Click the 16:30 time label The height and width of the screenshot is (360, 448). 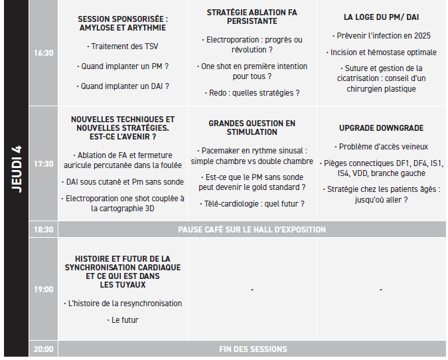[x=43, y=52]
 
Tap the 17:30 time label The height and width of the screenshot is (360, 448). [x=43, y=163]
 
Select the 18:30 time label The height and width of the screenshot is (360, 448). [x=43, y=230]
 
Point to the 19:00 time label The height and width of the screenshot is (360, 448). [x=43, y=290]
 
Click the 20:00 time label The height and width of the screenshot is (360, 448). [x=43, y=349]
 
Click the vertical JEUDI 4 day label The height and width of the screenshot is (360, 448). [x=17, y=169]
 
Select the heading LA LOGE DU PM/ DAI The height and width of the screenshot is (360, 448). [x=381, y=17]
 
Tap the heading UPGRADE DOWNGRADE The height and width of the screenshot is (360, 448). [x=381, y=128]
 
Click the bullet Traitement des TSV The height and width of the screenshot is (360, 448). [x=123, y=46]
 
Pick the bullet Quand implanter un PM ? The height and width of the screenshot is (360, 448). [x=123, y=66]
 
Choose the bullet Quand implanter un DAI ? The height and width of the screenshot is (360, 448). [x=123, y=86]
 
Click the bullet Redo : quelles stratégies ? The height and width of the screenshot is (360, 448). [x=252, y=93]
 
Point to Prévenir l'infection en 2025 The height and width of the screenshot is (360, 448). [x=381, y=35]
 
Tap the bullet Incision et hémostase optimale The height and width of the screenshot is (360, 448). [x=381, y=52]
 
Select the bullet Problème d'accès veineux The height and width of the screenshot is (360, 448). [x=381, y=147]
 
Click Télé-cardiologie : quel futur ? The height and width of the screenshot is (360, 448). [x=252, y=204]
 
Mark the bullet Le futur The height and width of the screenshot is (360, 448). [x=123, y=320]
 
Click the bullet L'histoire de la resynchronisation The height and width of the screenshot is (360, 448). [x=123, y=304]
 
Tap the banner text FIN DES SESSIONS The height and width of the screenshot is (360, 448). [x=253, y=349]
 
